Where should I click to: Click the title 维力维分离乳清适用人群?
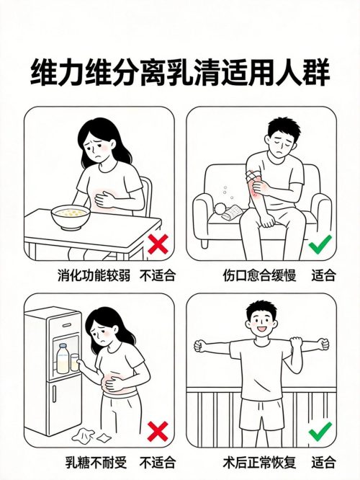180,74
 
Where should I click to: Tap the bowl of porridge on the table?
71,217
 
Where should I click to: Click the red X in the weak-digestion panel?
158,244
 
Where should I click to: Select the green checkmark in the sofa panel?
320,244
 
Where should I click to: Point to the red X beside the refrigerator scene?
158,431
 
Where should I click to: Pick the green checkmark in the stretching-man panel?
320,431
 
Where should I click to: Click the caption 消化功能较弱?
94,275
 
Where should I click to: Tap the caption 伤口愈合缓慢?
259,275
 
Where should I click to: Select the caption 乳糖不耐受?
96,463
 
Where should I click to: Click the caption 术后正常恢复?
259,463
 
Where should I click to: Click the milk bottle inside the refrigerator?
63,358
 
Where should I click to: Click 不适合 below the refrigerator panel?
158,463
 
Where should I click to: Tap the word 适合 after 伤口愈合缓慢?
323,275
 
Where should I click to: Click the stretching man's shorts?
260,414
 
